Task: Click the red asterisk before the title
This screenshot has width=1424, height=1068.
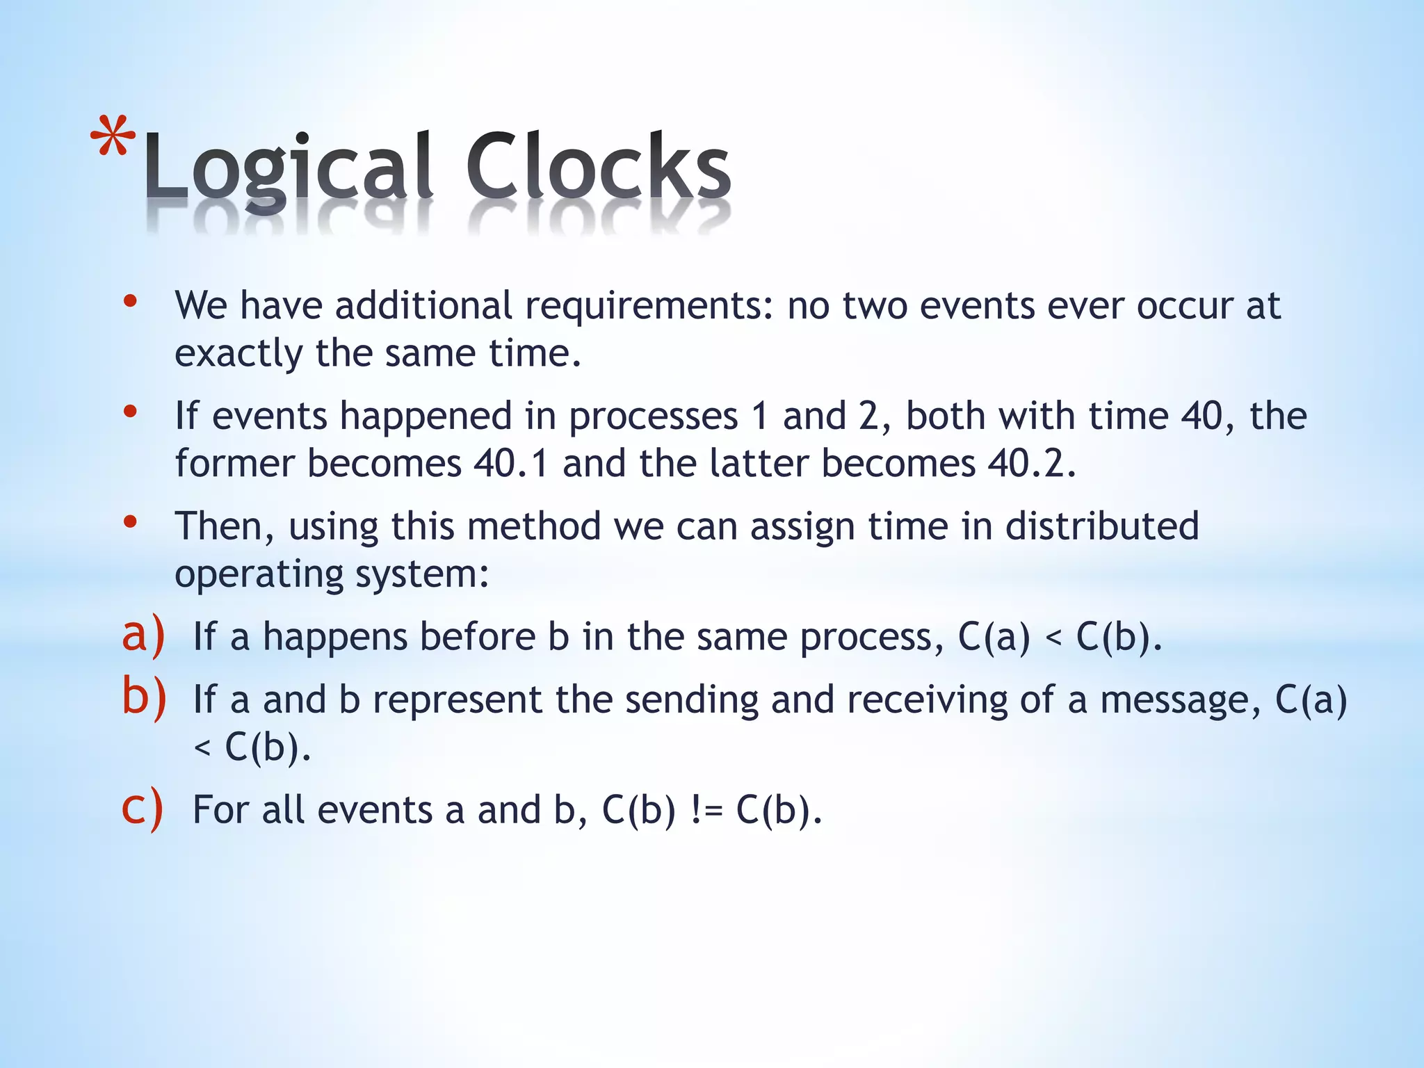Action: pyautogui.click(x=113, y=139)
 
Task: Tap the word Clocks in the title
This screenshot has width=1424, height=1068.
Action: pyautogui.click(x=598, y=167)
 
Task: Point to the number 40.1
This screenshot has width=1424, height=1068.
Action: pyautogui.click(x=511, y=464)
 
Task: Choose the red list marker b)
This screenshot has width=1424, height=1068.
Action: pyautogui.click(x=144, y=697)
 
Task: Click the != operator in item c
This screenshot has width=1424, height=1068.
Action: pyautogui.click(x=706, y=810)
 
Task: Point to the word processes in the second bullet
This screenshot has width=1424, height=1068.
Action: pyautogui.click(x=654, y=417)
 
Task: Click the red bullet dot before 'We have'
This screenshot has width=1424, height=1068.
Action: pyautogui.click(x=130, y=302)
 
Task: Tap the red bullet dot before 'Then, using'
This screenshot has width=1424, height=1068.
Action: pyautogui.click(x=130, y=521)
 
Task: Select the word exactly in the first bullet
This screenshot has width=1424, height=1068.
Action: pyautogui.click(x=238, y=355)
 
